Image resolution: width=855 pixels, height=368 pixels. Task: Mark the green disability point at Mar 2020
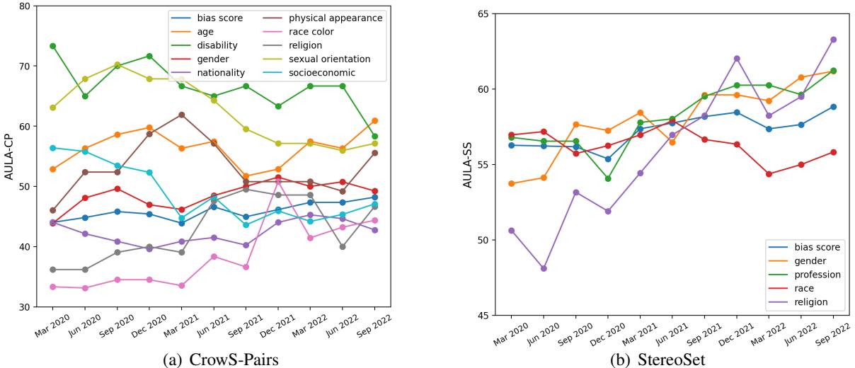pyautogui.click(x=52, y=46)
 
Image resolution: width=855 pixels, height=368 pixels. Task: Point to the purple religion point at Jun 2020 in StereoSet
pyautogui.click(x=544, y=268)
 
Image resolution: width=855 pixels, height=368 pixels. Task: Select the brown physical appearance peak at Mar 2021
pyautogui.click(x=182, y=115)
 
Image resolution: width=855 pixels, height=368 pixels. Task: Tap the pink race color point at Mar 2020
pyautogui.click(x=52, y=287)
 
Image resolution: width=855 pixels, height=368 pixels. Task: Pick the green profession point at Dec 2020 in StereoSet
pyautogui.click(x=608, y=178)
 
